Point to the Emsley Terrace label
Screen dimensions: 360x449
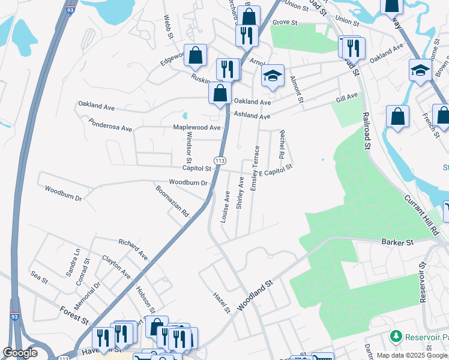tap(256, 169)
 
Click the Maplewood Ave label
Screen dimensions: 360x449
tap(197, 127)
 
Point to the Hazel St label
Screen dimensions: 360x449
tap(222, 302)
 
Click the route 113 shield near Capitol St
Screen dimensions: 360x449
tap(220, 161)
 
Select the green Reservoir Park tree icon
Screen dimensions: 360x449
tap(395, 335)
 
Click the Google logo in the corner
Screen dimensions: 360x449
tap(20, 353)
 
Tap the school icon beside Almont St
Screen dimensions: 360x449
tap(273, 76)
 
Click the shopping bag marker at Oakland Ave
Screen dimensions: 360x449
tap(220, 93)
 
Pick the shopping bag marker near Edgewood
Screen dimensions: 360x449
tap(195, 56)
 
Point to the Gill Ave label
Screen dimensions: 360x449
tap(347, 97)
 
